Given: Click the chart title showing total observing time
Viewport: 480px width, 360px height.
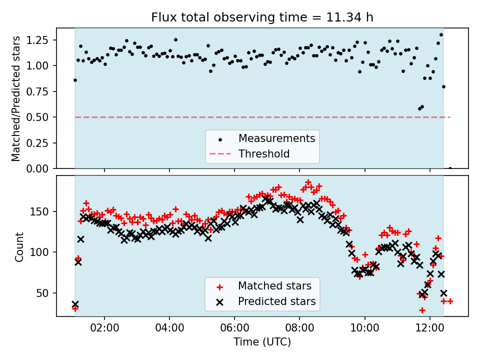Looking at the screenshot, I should (262, 18).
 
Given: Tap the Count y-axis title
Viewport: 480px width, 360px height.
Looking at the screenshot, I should (19, 246).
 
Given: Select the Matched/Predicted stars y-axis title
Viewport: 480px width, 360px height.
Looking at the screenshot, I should (16, 98).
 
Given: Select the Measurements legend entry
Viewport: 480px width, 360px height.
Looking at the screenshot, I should (276, 138).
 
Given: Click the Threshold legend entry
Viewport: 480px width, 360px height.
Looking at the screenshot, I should (264, 153).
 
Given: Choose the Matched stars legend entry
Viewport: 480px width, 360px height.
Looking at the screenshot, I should (274, 286).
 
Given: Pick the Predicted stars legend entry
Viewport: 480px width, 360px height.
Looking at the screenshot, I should (276, 301).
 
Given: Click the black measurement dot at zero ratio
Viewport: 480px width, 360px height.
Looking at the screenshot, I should (450, 168).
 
